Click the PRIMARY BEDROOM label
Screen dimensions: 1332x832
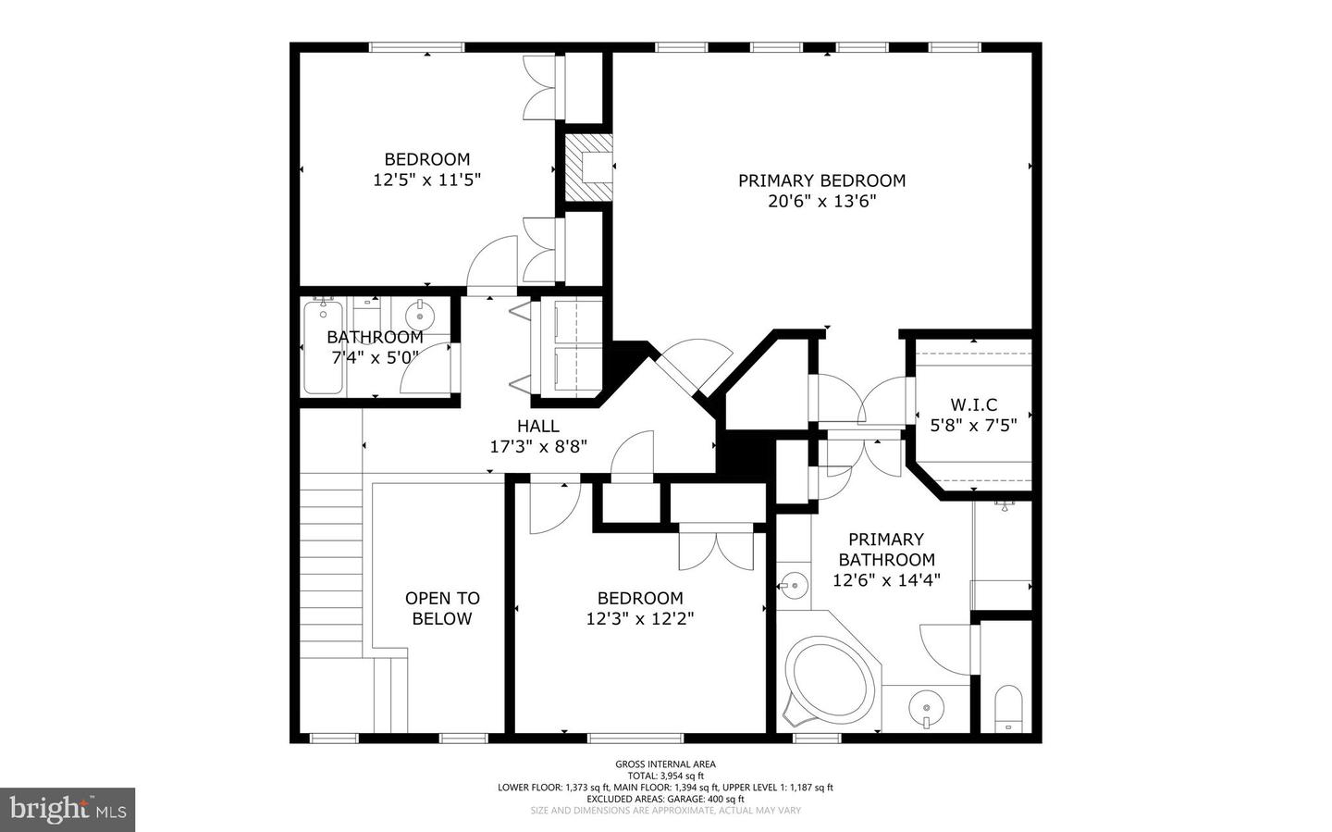click(x=821, y=180)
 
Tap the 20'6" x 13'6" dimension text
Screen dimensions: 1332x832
click(x=821, y=202)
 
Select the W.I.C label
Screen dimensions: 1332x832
click(x=973, y=404)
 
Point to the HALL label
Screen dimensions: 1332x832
click(x=538, y=426)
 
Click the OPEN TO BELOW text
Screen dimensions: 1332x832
click(x=442, y=608)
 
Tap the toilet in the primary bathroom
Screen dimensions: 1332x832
click(x=1008, y=708)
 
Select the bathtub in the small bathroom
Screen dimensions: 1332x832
click(x=323, y=348)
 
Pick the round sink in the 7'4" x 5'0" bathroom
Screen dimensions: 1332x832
click(x=420, y=316)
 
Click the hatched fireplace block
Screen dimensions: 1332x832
click(x=587, y=168)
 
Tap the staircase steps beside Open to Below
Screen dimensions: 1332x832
click(x=330, y=565)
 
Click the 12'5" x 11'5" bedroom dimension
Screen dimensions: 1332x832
click(x=426, y=180)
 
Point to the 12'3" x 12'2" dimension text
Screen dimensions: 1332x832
click(x=640, y=619)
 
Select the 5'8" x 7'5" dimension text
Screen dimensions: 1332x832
click(x=973, y=426)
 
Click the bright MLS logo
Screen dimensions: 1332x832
click(x=68, y=810)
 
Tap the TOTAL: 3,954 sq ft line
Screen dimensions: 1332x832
click(x=665, y=776)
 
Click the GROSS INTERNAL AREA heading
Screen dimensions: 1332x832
click(x=665, y=764)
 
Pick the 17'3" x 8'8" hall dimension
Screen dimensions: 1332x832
click(x=538, y=447)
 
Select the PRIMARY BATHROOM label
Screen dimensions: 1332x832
click(x=886, y=550)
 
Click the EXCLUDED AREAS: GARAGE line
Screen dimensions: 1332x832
click(x=665, y=799)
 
